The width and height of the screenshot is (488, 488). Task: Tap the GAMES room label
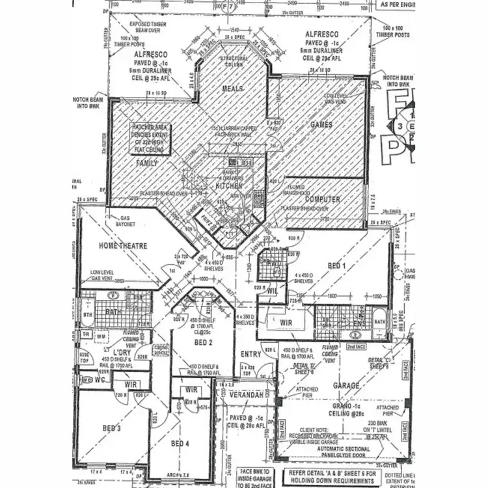[x=321, y=124]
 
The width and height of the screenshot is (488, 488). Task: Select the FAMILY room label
[x=146, y=163]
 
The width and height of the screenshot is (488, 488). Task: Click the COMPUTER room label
[x=323, y=200]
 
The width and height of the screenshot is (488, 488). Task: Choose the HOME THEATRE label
[x=123, y=246]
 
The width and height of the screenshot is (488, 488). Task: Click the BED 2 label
[x=202, y=342]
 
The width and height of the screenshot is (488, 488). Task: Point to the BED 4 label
[x=180, y=443]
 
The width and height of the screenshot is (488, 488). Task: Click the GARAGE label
[x=346, y=385]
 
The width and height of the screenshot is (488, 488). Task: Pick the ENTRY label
[x=251, y=354]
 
